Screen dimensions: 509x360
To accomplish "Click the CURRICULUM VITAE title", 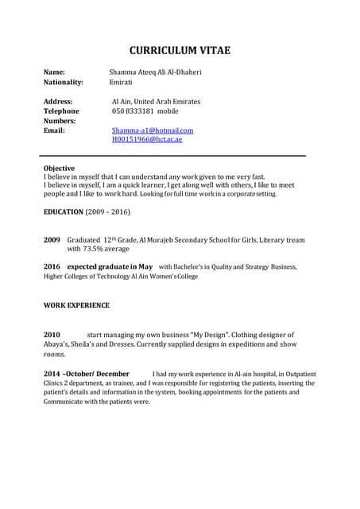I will click(180, 51).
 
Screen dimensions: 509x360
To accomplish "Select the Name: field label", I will click(54, 72).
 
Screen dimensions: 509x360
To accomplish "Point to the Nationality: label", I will click(63, 82).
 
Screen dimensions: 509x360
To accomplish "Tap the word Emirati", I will click(122, 82).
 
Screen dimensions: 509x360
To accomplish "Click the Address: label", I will click(58, 102).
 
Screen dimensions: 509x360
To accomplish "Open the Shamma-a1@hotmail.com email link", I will click(153, 130).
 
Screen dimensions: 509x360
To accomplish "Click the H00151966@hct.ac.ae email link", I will click(147, 139).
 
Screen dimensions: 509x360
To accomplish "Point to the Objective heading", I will click(59, 169).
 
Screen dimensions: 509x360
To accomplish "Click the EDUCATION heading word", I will click(63, 212).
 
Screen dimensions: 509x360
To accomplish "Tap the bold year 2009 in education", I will click(52, 239).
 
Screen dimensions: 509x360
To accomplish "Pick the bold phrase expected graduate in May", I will click(110, 266).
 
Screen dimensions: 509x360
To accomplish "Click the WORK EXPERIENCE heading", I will click(76, 305).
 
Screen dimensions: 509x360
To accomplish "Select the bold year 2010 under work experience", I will click(52, 335).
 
